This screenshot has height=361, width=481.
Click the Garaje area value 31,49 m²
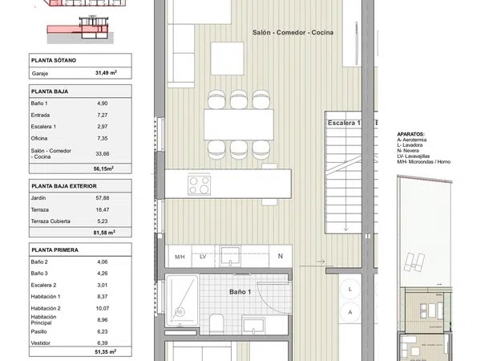106,73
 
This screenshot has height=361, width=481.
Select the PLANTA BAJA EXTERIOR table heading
64,186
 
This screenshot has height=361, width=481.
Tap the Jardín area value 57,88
103,198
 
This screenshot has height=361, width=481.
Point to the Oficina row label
39,139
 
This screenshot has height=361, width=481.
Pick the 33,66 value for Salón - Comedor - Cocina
103,153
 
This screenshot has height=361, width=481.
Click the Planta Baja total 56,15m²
103,168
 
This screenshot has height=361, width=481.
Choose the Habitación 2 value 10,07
103,308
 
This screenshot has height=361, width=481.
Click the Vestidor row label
41,343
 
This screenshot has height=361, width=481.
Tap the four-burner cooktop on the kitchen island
200,185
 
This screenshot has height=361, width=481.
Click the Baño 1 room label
240,292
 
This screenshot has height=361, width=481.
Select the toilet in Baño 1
217,323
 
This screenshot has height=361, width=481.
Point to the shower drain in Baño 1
180,312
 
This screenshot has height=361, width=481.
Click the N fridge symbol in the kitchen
281,256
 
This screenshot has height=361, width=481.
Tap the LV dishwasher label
203,257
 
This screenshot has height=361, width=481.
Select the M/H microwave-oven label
180,257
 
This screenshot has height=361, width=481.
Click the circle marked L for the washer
350,289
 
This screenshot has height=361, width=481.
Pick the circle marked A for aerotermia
350,312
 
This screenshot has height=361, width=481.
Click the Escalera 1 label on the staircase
344,123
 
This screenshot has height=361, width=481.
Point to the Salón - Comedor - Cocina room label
293,33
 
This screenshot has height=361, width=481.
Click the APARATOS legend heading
410,134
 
